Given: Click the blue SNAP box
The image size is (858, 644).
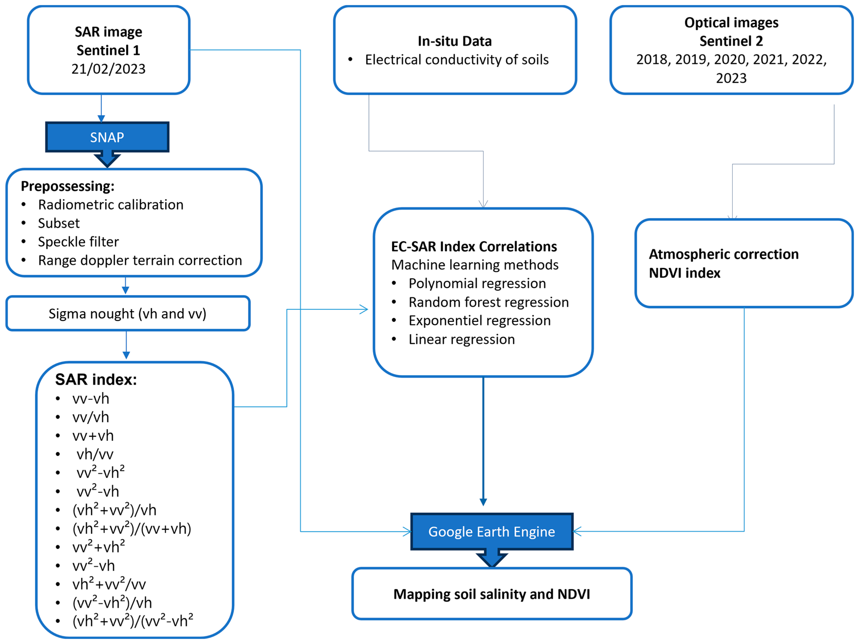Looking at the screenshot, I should [x=107, y=137].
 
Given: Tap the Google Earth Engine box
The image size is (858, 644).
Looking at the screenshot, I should [x=491, y=532].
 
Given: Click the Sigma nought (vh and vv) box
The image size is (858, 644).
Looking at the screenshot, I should [x=128, y=314].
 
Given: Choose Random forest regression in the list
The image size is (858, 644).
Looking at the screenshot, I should [x=488, y=302].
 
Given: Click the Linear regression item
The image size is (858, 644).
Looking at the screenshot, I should [x=462, y=339].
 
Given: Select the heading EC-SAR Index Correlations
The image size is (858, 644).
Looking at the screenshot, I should [x=474, y=247].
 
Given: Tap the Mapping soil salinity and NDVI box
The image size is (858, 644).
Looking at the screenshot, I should [x=491, y=594].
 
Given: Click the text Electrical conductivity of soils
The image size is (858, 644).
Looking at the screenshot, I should [x=457, y=60].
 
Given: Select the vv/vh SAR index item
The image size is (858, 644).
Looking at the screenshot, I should [x=90, y=417].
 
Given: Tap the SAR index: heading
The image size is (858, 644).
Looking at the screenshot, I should [x=96, y=380].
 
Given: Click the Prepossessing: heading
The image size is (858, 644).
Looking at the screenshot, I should [x=68, y=186].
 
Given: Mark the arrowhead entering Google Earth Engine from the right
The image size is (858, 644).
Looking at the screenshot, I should [x=577, y=532].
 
